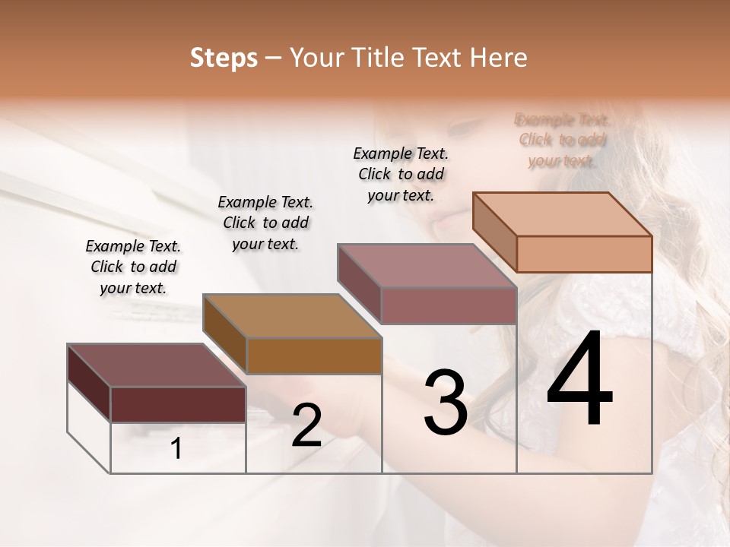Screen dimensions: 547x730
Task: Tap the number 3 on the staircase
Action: tap(446, 403)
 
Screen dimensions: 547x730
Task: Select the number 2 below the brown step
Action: tap(306, 425)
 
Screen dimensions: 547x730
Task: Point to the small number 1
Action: tap(176, 449)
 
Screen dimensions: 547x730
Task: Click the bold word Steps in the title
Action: tap(224, 58)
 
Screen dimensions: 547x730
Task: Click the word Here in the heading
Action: tap(500, 58)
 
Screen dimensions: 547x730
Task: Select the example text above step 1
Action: tap(133, 267)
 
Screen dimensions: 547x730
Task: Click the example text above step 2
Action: tap(265, 223)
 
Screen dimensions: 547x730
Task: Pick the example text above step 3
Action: tap(401, 174)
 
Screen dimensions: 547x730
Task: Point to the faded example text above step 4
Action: tap(562, 140)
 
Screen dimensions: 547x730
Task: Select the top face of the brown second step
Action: tap(292, 315)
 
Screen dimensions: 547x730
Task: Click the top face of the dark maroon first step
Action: tap(157, 365)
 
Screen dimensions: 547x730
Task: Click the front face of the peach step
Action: tap(584, 254)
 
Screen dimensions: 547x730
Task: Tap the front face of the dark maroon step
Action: tap(178, 404)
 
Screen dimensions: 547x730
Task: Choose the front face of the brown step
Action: tap(314, 356)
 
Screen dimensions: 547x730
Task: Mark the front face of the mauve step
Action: tap(449, 305)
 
